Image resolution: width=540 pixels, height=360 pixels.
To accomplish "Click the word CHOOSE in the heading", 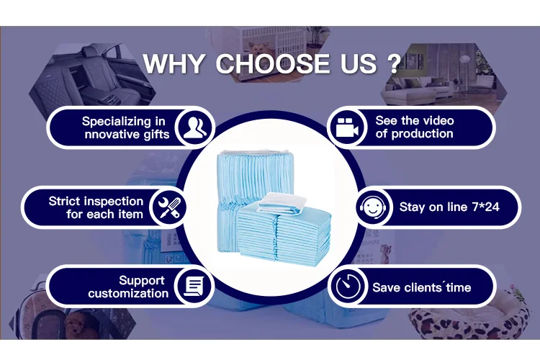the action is point(272,64).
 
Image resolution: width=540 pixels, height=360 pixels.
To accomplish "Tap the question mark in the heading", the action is point(394,63).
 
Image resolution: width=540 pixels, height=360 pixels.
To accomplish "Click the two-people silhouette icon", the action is point(195,128).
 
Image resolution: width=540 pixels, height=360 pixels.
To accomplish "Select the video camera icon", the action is point(347,127).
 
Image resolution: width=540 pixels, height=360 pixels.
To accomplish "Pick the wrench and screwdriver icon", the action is point(169,207).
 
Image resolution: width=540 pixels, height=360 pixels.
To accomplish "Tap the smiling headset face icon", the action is point(373,207).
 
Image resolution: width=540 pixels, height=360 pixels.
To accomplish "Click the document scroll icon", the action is point(194,287).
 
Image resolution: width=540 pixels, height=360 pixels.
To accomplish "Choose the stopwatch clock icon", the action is point(348,287).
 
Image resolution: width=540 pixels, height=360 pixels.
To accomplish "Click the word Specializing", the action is point(117,122).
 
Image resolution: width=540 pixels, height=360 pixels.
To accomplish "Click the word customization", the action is point(128,294).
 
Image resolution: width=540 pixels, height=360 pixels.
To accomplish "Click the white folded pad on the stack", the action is point(282,203).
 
